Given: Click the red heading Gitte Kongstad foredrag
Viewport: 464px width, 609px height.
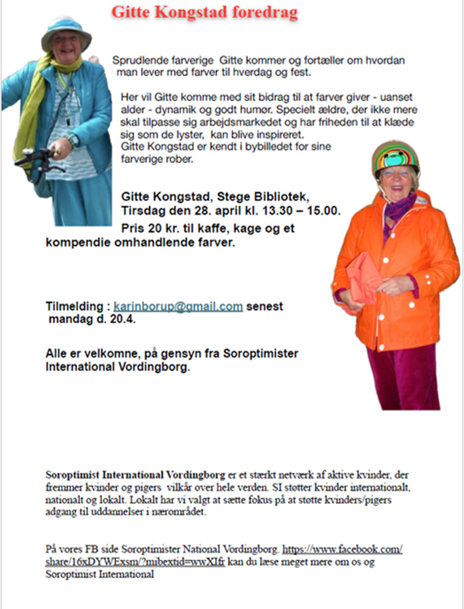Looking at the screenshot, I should coord(204,12).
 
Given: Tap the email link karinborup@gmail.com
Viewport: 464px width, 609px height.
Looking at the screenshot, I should coord(178,306).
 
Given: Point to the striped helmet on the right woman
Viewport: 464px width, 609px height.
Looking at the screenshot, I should coord(395,156).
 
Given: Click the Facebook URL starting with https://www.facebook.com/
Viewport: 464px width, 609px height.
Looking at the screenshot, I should coord(343,549).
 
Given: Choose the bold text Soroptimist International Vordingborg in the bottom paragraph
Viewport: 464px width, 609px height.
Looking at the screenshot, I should coord(135,475).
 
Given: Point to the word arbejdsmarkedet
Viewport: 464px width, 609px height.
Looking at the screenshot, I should coord(266,122).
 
